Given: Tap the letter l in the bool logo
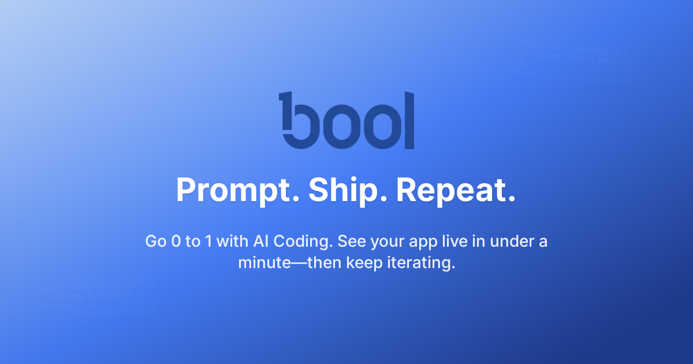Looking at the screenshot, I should click(x=409, y=120).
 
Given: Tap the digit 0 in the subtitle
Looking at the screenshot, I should click(x=176, y=242).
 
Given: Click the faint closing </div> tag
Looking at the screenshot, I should click(x=58, y=306).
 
